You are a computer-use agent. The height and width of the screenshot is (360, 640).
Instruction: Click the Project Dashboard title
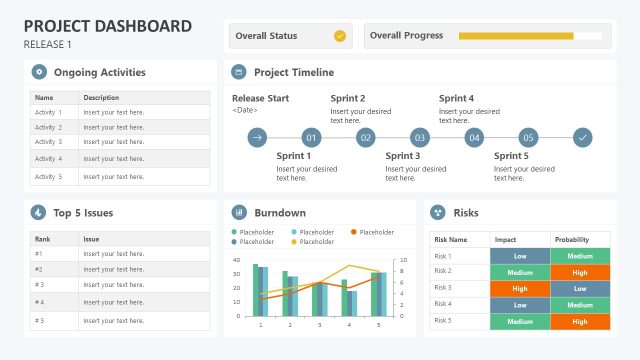[107, 26]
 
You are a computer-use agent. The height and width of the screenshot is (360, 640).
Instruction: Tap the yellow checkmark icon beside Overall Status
[339, 36]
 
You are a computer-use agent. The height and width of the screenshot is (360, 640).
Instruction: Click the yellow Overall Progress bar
[516, 36]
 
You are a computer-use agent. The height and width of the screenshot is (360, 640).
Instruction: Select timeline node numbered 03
[420, 138]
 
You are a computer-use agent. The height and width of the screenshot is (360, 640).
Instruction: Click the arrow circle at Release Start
[257, 138]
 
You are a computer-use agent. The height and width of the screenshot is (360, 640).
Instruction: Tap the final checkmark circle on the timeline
[583, 138]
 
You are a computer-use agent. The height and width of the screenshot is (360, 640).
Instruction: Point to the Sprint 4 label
[457, 99]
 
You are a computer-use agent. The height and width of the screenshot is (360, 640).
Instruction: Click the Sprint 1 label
[294, 156]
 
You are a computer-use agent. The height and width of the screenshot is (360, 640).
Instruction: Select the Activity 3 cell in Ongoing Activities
[48, 142]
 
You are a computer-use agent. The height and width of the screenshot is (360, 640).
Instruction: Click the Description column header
[101, 98]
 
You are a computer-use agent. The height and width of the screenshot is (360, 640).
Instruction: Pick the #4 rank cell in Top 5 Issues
[41, 302]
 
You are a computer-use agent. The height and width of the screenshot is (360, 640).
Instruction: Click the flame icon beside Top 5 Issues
[39, 212]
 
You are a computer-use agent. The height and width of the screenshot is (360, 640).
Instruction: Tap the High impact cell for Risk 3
[520, 287]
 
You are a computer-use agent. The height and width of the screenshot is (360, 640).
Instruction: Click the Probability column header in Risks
[572, 240]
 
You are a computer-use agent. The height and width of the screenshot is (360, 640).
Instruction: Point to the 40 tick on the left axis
[236, 260]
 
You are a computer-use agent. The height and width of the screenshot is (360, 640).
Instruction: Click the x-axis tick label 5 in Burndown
[378, 325]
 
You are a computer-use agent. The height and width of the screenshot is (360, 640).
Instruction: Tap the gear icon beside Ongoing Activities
[39, 72]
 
